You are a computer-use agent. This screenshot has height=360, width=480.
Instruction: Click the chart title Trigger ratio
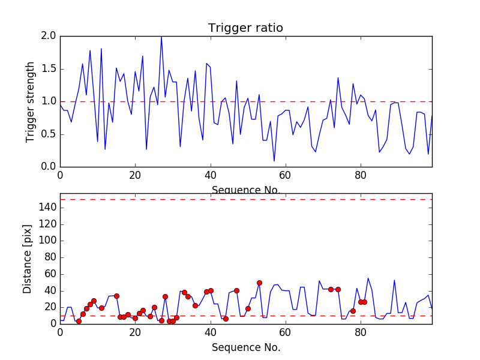point(245,28)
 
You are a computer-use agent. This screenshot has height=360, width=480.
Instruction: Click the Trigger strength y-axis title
point(30,101)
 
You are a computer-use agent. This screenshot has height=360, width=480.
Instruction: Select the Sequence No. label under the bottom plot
point(245,347)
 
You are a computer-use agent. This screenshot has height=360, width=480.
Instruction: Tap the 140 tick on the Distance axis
point(48,208)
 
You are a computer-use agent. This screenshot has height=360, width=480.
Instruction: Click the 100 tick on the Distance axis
point(48,241)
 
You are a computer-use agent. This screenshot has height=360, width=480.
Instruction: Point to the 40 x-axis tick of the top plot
point(210,175)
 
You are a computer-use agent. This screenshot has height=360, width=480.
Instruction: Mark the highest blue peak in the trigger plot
point(161,37)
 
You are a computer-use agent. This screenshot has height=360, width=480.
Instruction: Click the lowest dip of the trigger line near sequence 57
point(274,161)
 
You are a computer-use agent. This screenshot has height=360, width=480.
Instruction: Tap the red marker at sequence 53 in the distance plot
point(259,283)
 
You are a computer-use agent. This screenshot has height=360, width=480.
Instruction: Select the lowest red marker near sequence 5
point(79,321)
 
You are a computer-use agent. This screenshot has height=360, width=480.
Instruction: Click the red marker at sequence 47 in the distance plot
point(236,290)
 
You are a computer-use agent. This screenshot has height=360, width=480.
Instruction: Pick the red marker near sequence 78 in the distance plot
point(353,311)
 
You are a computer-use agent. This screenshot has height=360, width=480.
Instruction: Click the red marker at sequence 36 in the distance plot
point(195,305)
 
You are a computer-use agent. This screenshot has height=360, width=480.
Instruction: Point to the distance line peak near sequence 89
point(394,280)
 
